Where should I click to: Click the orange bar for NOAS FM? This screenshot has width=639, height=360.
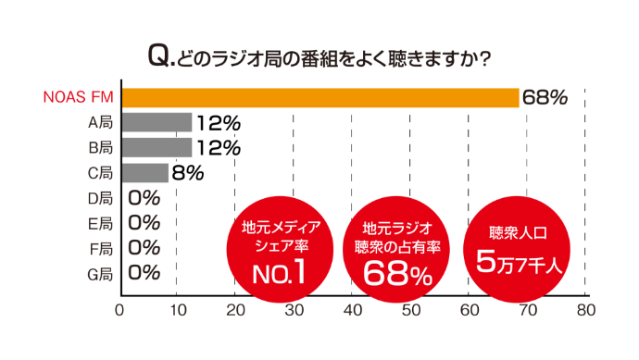click(319, 97)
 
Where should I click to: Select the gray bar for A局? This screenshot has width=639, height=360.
click(157, 122)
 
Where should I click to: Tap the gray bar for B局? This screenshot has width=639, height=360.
click(157, 147)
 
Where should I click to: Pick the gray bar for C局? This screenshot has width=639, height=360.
click(145, 172)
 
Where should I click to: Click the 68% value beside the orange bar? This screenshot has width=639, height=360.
click(545, 97)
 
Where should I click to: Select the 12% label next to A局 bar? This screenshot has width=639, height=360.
click(218, 122)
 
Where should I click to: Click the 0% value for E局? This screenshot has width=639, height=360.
click(144, 222)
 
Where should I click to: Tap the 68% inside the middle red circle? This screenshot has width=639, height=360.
click(397, 272)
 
